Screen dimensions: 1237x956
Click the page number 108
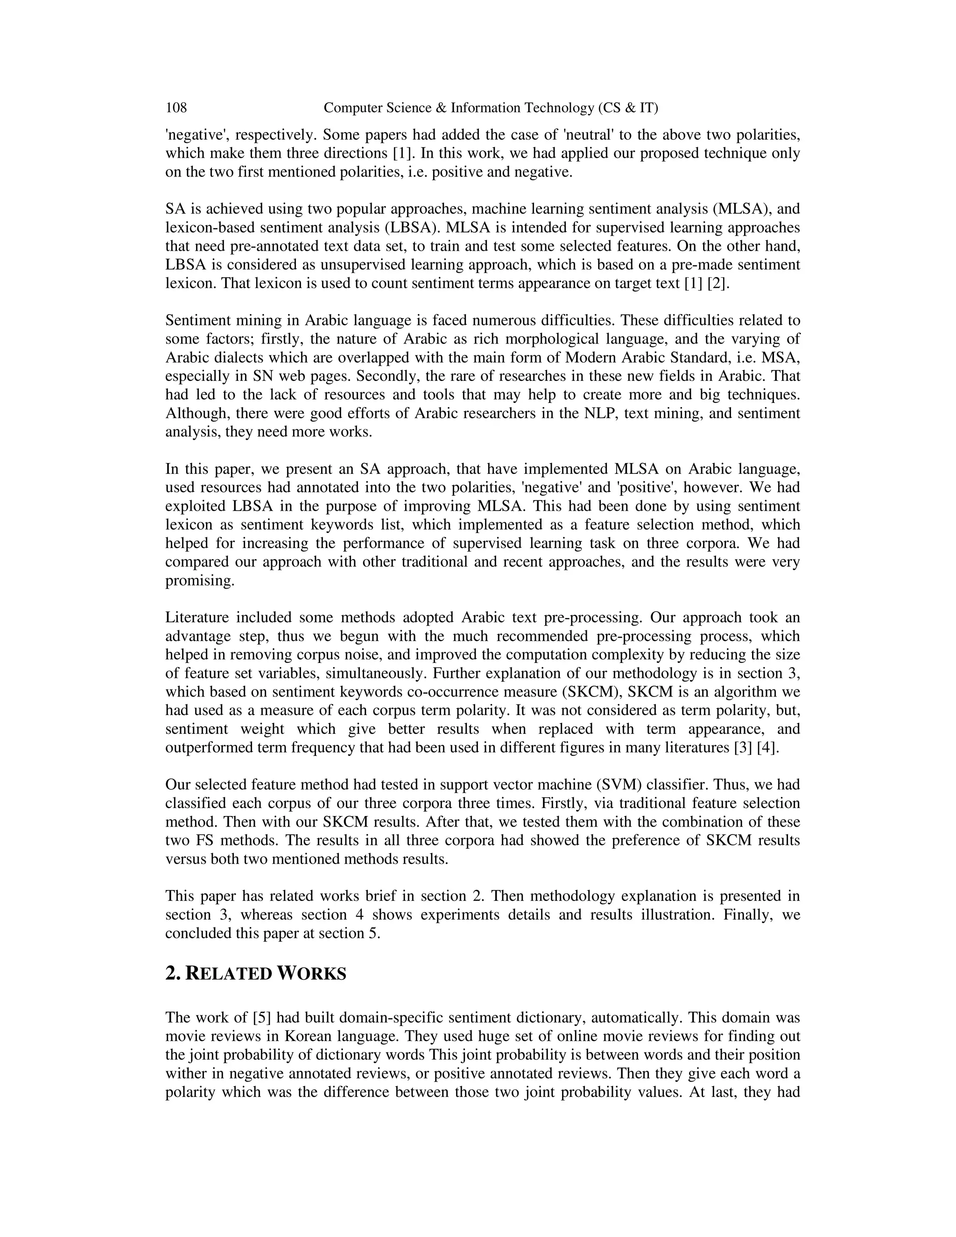click(176, 108)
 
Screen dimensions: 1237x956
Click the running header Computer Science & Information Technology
click(491, 108)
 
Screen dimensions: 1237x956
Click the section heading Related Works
click(255, 974)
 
